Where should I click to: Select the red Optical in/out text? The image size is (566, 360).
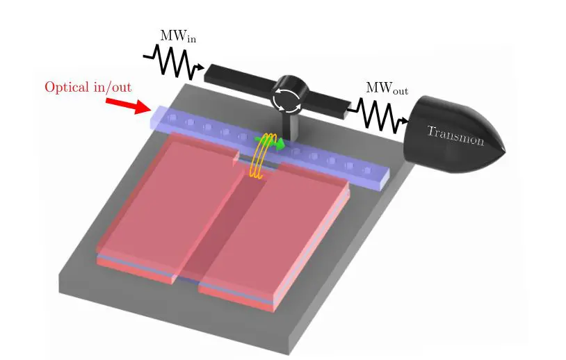pos(88,88)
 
